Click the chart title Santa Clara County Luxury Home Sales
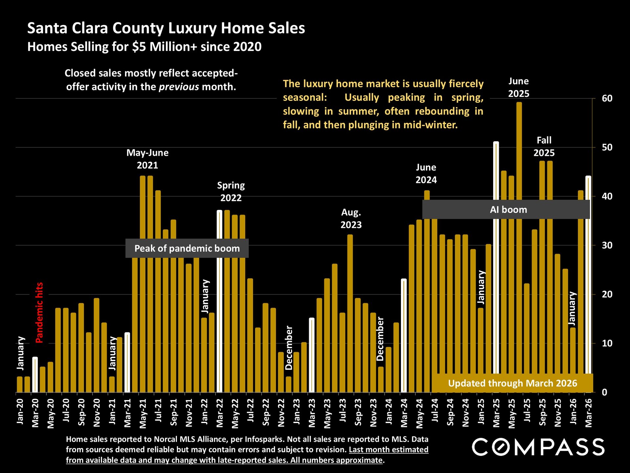pos(166,28)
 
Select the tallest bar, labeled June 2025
pos(519,246)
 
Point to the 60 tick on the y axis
pos(607,98)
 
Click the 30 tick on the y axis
pos(607,245)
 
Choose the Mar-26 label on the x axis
pos(589,413)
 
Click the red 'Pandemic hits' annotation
pos(39,312)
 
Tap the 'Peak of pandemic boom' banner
pos(187,248)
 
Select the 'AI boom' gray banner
pos(508,210)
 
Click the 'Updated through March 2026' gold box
pos(512,383)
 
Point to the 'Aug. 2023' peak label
pos(351,218)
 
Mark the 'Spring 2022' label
pos(231,191)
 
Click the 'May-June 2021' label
pos(147,159)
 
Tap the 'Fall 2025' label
pos(544,146)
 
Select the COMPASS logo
pos(538,447)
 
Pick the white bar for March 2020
pos(35,375)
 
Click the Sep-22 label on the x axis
pos(266,412)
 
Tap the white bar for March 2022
pos(220,301)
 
